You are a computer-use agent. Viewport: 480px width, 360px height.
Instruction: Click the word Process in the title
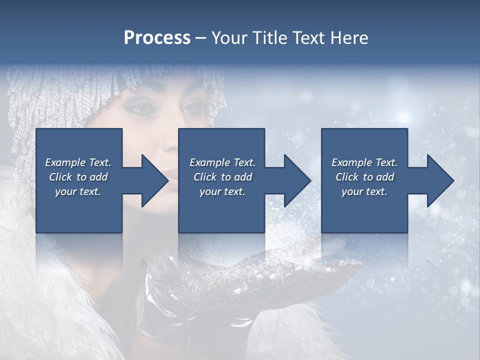pyautogui.click(x=157, y=38)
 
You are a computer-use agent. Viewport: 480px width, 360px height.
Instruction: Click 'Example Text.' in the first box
pyautogui.click(x=78, y=162)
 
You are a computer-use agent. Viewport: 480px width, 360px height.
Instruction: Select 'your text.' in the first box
pyautogui.click(x=78, y=191)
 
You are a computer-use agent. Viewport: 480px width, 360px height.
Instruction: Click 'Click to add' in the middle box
pyautogui.click(x=222, y=177)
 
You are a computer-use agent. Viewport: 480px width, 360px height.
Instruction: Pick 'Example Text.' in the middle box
pyautogui.click(x=222, y=162)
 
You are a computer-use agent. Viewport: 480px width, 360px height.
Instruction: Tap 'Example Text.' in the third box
pyautogui.click(x=364, y=162)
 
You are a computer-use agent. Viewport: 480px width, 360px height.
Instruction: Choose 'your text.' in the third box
pyautogui.click(x=364, y=191)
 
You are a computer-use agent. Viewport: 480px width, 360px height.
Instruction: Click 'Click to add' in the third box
pyautogui.click(x=364, y=177)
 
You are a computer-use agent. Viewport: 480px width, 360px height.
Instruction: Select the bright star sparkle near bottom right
pyautogui.click(x=466, y=285)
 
